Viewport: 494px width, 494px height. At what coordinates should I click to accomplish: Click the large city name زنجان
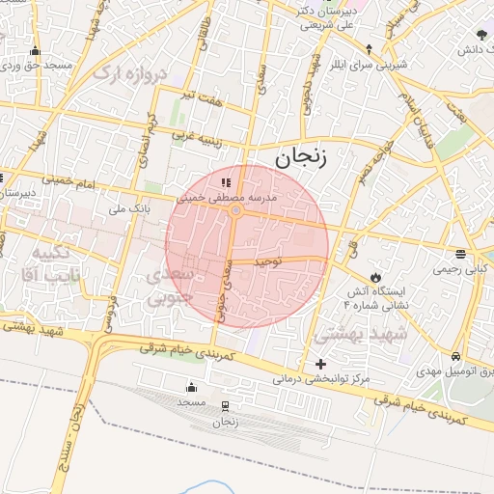pos(300,159)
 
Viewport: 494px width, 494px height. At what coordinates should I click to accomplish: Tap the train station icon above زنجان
pos(225,406)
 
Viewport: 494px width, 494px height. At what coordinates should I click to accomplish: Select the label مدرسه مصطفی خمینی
pos(226,196)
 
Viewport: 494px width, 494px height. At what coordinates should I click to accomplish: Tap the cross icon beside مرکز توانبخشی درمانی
pos(320,364)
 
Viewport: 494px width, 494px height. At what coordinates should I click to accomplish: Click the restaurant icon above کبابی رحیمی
pos(461,255)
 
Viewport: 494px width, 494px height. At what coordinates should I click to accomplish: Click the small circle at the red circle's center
pos(235,209)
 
